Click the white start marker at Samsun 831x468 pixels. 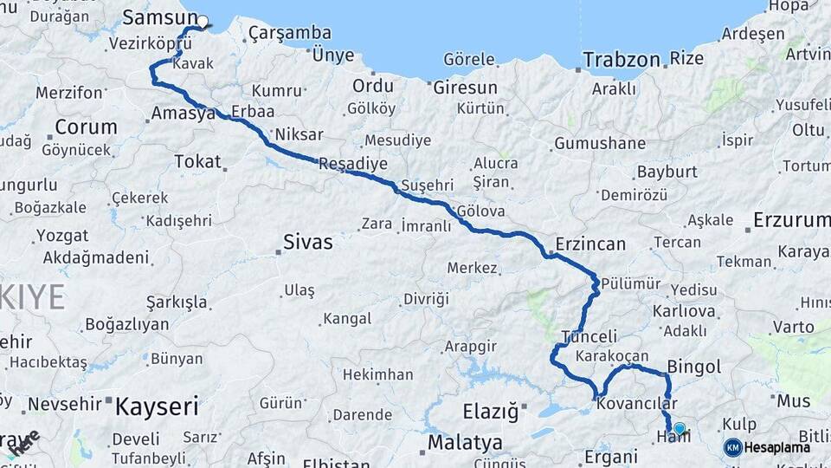pos(203,22)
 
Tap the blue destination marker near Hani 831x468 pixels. pos(680,428)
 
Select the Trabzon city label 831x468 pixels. pos(621,60)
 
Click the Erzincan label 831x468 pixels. pos(590,244)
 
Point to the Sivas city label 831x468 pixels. pos(307,242)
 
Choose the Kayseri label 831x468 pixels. pos(157,406)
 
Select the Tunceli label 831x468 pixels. pos(589,336)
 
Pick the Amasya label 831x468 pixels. pos(183,114)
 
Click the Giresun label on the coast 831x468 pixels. pos(466,88)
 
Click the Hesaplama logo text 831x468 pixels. pos(777,447)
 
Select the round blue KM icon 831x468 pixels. pos(733,447)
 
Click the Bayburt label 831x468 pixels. pos(661,172)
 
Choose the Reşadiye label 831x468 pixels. pos(353,164)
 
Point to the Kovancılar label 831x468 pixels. pos(637,404)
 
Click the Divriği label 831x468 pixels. pos(426,299)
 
